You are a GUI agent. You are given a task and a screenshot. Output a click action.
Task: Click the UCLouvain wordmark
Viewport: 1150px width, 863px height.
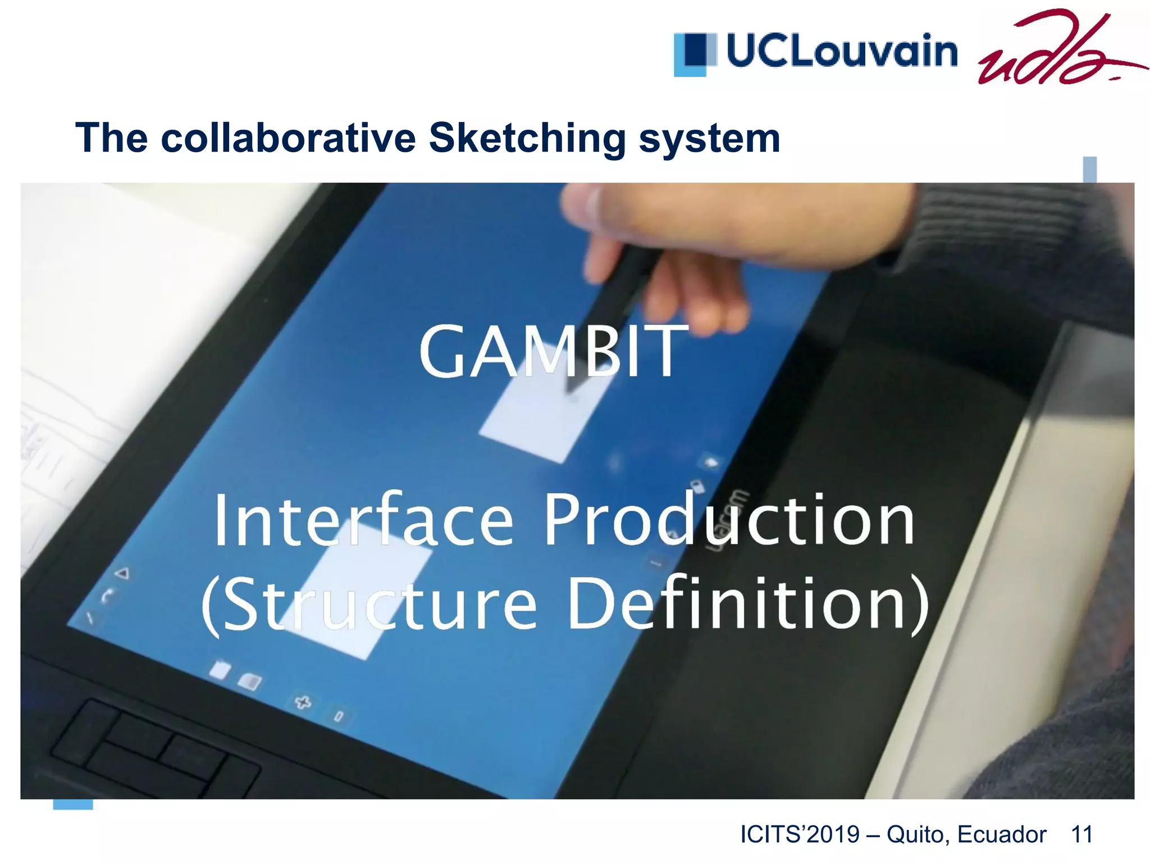(841, 51)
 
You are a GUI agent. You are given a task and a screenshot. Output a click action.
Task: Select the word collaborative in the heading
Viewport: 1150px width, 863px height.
(287, 138)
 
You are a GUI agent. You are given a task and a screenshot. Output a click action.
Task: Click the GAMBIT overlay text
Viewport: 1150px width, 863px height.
(553, 352)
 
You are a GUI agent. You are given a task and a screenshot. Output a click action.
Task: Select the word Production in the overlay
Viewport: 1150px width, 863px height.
(729, 520)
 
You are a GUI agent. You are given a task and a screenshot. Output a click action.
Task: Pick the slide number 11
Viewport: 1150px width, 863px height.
(1081, 834)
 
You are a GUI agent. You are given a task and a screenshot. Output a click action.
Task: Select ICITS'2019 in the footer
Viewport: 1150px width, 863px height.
(800, 834)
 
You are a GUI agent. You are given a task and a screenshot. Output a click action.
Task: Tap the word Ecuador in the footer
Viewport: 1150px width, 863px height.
(1002, 834)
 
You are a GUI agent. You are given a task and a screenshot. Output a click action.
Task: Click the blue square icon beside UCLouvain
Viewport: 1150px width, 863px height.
(695, 54)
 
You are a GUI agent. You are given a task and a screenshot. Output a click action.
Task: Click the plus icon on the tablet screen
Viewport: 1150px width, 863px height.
(303, 702)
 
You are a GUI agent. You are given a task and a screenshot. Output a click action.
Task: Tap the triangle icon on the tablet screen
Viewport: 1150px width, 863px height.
(123, 573)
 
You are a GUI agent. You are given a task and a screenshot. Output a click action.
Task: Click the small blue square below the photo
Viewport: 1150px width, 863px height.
(73, 804)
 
